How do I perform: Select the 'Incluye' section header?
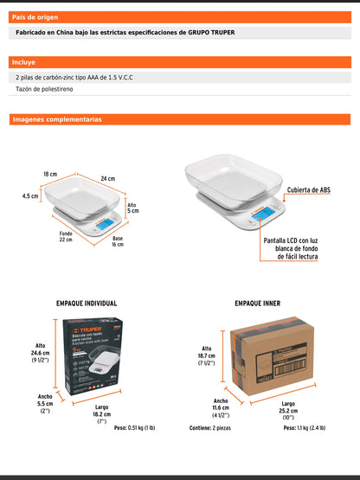tap(23, 62)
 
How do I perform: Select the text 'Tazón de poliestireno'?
tap(55, 89)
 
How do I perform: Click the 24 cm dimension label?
tap(106, 179)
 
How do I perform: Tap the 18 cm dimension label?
tap(50, 174)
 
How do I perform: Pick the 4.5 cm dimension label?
tap(29, 195)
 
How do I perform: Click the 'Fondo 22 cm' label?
tap(66, 236)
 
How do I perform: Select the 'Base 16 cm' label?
tap(117, 241)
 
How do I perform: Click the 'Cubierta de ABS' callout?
tap(309, 189)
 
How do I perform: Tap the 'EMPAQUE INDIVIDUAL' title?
tap(87, 304)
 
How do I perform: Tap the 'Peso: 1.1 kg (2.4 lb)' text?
tap(299, 428)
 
